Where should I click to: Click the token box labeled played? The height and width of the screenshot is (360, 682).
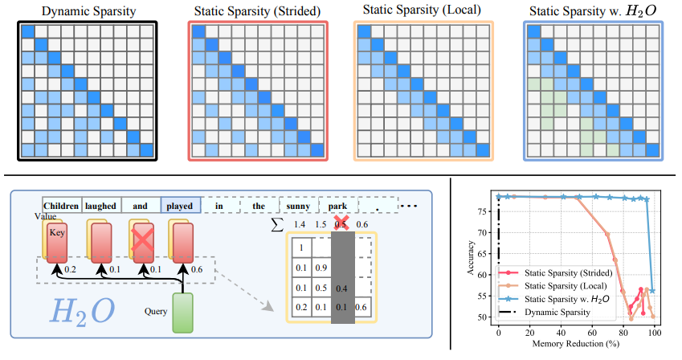179,206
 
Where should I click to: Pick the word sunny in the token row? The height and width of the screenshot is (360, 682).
298,206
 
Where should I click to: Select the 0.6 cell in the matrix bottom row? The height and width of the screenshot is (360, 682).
362,307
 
